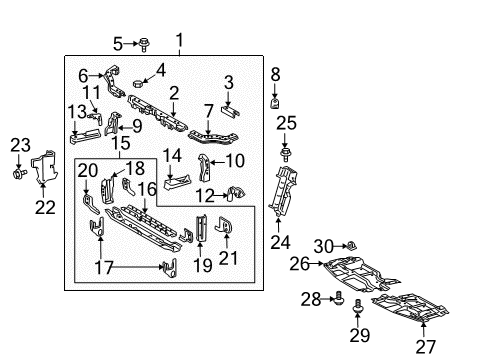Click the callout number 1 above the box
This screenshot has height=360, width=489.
[179, 40]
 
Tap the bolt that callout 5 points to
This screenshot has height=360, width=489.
[144, 45]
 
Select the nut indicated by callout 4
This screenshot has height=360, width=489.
[138, 83]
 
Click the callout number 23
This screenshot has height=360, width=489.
[20, 145]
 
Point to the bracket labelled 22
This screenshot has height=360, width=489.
[45, 167]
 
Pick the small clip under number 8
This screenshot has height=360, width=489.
[275, 103]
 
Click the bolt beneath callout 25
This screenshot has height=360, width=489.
[285, 155]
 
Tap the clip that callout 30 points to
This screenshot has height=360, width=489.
[351, 246]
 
